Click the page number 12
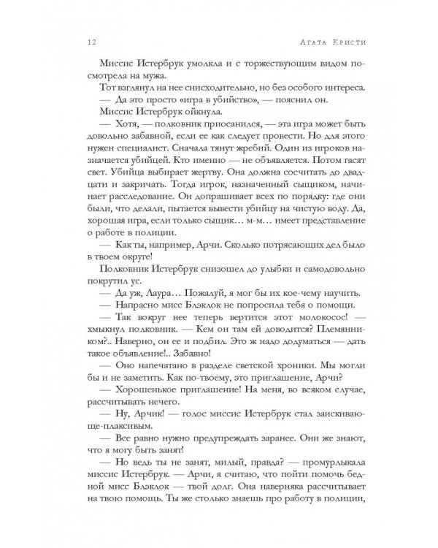point(85,42)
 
